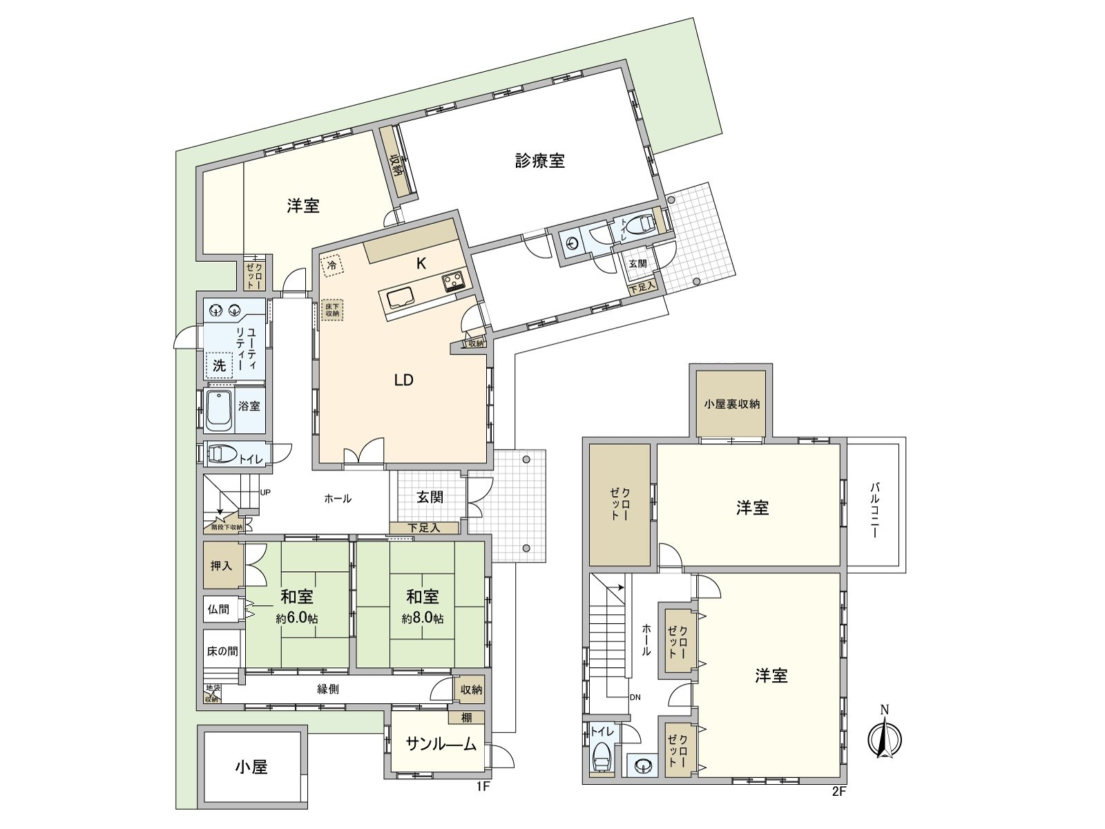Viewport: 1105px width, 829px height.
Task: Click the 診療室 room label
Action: click(x=540, y=161)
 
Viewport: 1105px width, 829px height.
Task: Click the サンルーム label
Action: click(x=441, y=744)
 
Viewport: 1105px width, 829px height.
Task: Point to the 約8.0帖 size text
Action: click(x=423, y=619)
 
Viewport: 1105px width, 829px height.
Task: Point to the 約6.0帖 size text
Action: click(x=297, y=619)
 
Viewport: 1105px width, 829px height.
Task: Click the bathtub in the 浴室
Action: click(x=220, y=411)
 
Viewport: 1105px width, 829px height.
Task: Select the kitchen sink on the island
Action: click(x=400, y=299)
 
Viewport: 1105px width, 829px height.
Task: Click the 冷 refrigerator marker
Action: click(x=332, y=265)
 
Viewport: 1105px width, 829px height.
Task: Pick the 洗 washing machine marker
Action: click(x=219, y=365)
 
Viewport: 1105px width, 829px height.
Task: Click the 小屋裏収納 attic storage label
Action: click(x=731, y=403)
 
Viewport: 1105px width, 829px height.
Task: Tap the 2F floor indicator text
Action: click(x=838, y=792)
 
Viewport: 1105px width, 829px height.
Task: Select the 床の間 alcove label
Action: click(x=222, y=651)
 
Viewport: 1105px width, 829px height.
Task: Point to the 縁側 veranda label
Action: click(x=328, y=689)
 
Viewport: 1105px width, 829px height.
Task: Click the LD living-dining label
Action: click(x=403, y=380)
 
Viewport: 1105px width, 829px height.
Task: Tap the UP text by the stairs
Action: click(x=265, y=493)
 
